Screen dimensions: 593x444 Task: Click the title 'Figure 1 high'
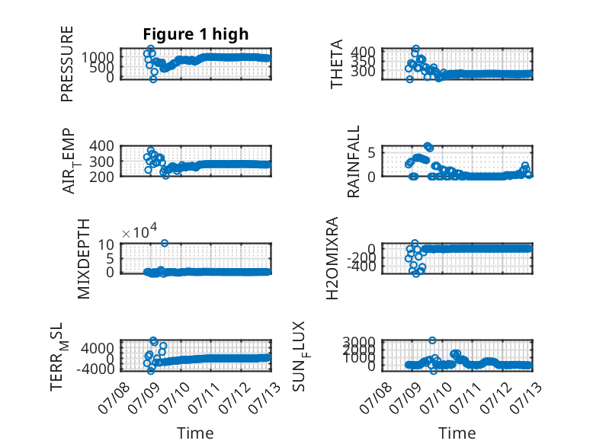click(196, 34)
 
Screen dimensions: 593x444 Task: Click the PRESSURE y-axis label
click(66, 64)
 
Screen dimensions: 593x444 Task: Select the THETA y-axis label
click(336, 64)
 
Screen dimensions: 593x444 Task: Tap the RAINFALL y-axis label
click(353, 161)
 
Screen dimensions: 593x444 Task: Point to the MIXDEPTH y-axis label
click(84, 259)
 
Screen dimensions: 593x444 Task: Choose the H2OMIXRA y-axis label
click(332, 258)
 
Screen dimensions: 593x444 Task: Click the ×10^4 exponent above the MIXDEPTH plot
click(139, 232)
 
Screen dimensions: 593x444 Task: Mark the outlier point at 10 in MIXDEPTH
click(164, 243)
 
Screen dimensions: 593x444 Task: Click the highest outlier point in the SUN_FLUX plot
click(432, 340)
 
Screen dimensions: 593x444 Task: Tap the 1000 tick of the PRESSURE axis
click(98, 57)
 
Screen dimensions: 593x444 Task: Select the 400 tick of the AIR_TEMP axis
click(101, 145)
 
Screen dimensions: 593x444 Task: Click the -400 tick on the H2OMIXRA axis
click(361, 267)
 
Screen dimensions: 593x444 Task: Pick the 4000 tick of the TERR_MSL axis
click(98, 348)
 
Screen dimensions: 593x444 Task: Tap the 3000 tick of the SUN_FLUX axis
click(359, 342)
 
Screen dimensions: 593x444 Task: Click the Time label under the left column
click(195, 433)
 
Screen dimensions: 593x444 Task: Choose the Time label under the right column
click(457, 433)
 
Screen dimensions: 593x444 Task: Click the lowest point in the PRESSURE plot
click(152, 79)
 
